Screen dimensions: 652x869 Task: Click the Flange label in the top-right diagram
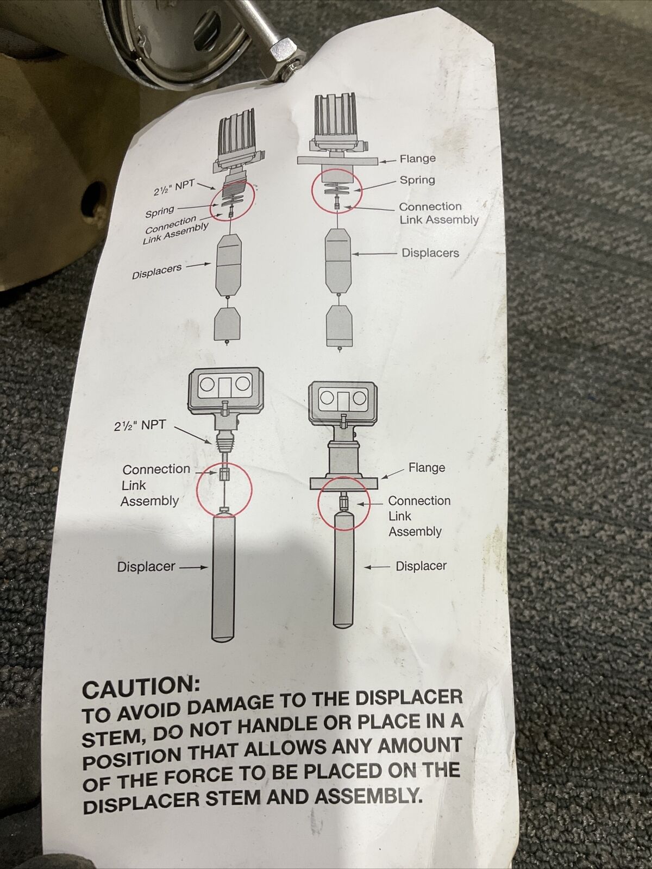click(x=418, y=159)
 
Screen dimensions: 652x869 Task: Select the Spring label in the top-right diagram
click(x=417, y=180)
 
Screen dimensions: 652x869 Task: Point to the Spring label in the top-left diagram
click(x=160, y=212)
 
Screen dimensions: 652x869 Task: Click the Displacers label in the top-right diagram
click(x=431, y=253)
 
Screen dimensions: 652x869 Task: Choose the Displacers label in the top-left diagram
click(x=157, y=272)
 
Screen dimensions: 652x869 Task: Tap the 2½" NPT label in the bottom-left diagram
click(x=139, y=426)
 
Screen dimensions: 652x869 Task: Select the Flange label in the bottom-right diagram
click(x=427, y=468)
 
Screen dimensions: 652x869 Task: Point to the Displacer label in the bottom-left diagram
click(x=146, y=566)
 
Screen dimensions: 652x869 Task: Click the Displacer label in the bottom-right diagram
click(x=421, y=566)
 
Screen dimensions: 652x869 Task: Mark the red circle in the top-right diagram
click(x=312, y=190)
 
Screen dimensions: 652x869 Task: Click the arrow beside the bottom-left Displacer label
click(x=193, y=568)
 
